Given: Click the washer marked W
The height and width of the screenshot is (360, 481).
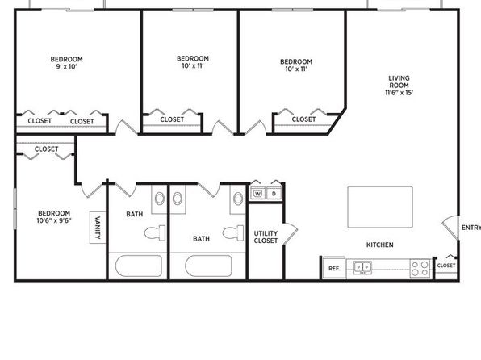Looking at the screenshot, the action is [x=258, y=194].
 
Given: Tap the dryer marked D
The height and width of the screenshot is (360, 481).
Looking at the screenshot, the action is [x=274, y=194].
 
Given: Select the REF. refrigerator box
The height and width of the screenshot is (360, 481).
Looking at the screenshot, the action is [x=334, y=268].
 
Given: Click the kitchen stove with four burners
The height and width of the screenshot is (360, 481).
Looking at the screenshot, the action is [x=420, y=268].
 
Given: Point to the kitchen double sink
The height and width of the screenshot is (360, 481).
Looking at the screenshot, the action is [x=362, y=267].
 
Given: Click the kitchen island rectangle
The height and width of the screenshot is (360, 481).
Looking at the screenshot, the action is [x=380, y=207].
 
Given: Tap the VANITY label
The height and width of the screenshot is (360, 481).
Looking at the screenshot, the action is [x=98, y=228].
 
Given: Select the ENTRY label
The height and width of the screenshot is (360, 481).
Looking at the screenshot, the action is [x=471, y=228].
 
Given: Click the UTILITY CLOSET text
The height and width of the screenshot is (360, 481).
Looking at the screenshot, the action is [x=266, y=237].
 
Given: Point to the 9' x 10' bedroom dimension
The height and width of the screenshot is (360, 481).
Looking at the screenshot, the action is [x=66, y=66].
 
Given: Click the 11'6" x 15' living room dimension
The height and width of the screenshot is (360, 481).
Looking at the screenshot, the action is [x=399, y=92].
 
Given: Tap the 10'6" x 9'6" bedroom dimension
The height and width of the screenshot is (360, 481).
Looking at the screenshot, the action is [x=54, y=220].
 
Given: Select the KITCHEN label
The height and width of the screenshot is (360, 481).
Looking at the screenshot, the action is [x=380, y=245].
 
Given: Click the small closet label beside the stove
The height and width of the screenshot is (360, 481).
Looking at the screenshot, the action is [x=446, y=266].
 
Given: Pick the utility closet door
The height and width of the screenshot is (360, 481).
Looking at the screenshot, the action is [x=291, y=233].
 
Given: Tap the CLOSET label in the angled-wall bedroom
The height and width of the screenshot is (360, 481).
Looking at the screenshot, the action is [x=303, y=119].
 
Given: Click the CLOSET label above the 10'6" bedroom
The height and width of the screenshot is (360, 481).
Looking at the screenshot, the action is [x=46, y=149].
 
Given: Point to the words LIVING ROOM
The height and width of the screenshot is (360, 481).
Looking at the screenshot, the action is [x=399, y=82].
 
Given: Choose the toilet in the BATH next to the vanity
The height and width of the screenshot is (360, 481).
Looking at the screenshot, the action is [x=155, y=233].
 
